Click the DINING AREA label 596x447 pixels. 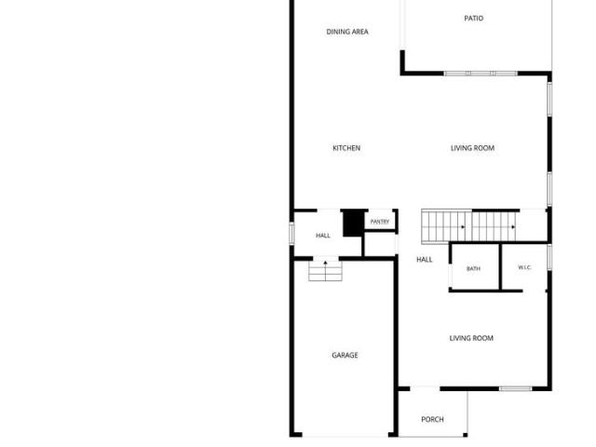coord(347,32)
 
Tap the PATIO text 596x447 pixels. coord(474,19)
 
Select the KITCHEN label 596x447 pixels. coord(346,148)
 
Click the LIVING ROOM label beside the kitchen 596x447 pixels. coord(472,148)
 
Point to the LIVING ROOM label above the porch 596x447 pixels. coord(471,338)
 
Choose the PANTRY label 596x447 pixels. coord(380,222)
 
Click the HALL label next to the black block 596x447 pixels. coord(323,236)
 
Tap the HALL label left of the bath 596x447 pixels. coord(425,260)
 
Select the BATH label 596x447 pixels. coord(473,269)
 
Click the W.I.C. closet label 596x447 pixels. coord(524,267)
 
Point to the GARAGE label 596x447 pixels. coord(345,355)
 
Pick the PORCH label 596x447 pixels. coord(432,419)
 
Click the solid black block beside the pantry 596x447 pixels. coord(354,223)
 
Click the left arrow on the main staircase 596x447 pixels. coord(463,227)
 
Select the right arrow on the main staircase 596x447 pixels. coord(513,227)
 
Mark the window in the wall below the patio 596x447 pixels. coord(481,74)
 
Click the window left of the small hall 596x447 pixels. coord(291,233)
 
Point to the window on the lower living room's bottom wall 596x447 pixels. coord(515,388)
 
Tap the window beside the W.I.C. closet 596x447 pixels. coord(549,257)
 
